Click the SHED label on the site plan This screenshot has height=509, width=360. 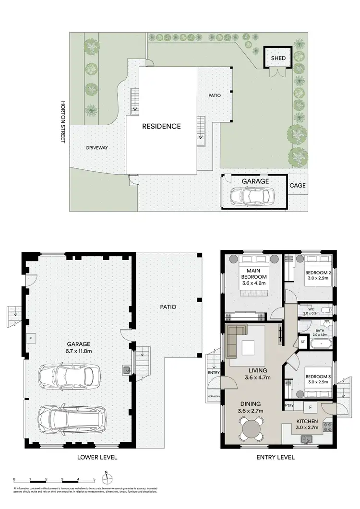tap(278, 59)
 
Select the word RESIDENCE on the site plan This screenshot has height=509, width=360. tap(161, 127)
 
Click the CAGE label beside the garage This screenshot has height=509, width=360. tap(297, 186)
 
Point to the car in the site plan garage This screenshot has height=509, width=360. tap(252, 196)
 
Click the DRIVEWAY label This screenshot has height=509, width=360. tap(97, 148)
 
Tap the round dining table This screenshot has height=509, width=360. tap(251, 426)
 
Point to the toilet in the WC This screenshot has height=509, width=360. tap(325, 309)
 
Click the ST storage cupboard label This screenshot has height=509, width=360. tap(302, 342)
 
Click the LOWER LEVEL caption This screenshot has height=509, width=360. tap(97, 458)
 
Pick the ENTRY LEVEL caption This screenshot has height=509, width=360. tap(276, 458)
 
